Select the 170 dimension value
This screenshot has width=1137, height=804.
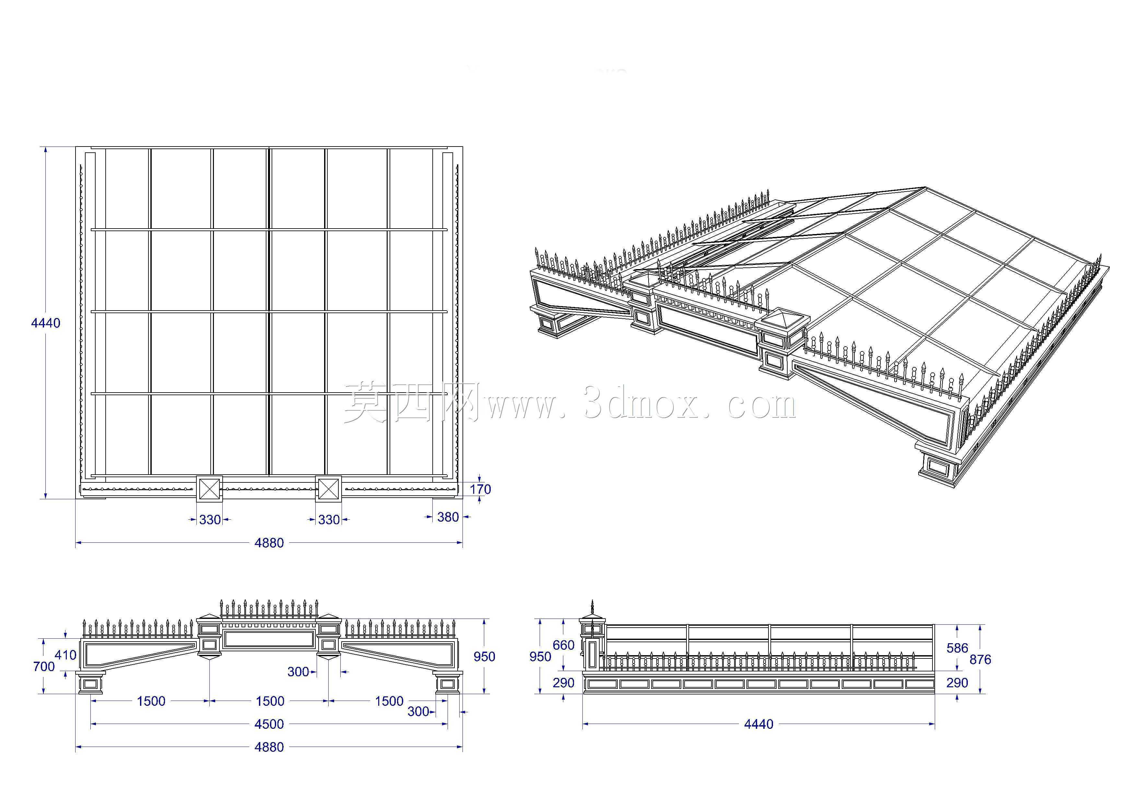[x=480, y=490]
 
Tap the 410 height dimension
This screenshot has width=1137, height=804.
[x=65, y=655]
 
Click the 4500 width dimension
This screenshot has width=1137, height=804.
[x=269, y=724]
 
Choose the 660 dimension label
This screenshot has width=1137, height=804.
[x=564, y=645]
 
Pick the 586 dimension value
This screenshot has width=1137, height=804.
[x=957, y=648]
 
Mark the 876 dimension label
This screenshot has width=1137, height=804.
[x=980, y=659]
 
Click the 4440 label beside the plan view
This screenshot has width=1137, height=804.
[x=46, y=323]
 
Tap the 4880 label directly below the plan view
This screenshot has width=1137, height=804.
[x=269, y=543]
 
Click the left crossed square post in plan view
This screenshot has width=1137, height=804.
[x=209, y=489]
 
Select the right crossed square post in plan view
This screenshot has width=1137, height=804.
[x=328, y=489]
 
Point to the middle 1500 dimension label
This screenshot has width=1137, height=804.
[x=270, y=701]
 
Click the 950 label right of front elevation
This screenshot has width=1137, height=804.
[x=484, y=656]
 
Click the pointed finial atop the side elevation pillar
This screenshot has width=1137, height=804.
[x=592, y=607]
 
